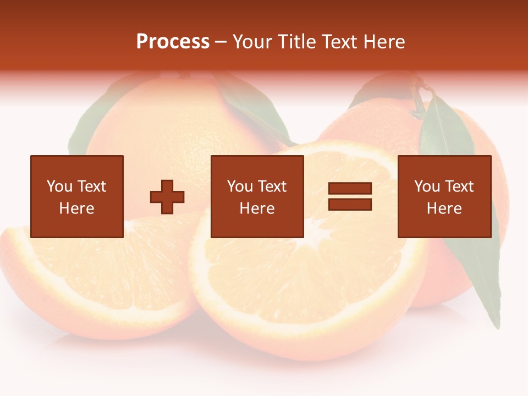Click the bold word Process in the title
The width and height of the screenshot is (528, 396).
(173, 42)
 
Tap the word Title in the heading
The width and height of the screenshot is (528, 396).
(296, 42)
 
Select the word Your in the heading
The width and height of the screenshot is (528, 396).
(254, 42)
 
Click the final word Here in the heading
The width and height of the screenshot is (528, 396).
(384, 42)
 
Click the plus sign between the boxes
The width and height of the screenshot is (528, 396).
(167, 197)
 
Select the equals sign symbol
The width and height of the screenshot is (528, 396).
(350, 196)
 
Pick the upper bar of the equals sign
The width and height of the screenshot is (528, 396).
(350, 189)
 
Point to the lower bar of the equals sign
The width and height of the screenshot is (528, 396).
(350, 204)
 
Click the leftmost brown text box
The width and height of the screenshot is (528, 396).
(76, 196)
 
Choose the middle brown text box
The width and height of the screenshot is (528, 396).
(257, 196)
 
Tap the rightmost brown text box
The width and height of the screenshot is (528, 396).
(444, 196)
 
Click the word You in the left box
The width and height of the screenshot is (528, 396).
(59, 186)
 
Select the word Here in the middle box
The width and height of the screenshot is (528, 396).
(257, 208)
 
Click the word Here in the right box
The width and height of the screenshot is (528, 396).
(444, 208)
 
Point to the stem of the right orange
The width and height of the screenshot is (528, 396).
(420, 99)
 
